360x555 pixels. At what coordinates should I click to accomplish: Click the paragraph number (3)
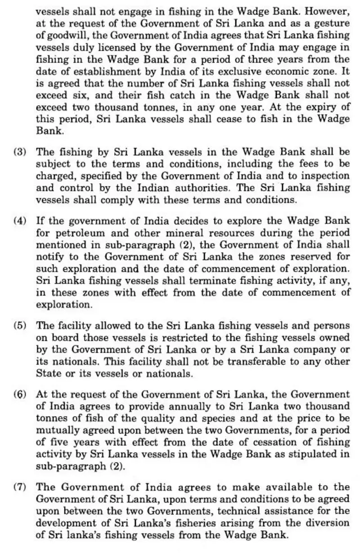click(x=20, y=152)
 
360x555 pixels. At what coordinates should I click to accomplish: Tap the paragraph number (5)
click(x=20, y=325)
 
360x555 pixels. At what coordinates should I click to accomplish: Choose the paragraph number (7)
click(x=20, y=487)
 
